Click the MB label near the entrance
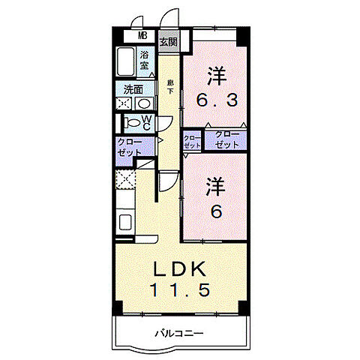point(141,34)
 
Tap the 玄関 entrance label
point(167,42)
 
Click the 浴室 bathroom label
point(145,60)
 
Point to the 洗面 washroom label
point(134,88)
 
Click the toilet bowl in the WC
point(132,122)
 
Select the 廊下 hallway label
point(170,86)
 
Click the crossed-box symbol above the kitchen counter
point(126,181)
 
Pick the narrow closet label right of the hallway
point(192,142)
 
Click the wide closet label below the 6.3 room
point(227,139)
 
